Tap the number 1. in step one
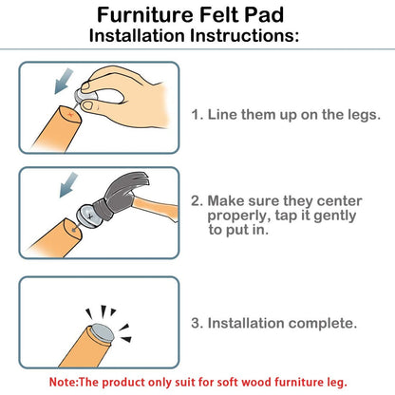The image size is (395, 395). (x=197, y=114)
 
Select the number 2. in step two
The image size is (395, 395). (x=197, y=202)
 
